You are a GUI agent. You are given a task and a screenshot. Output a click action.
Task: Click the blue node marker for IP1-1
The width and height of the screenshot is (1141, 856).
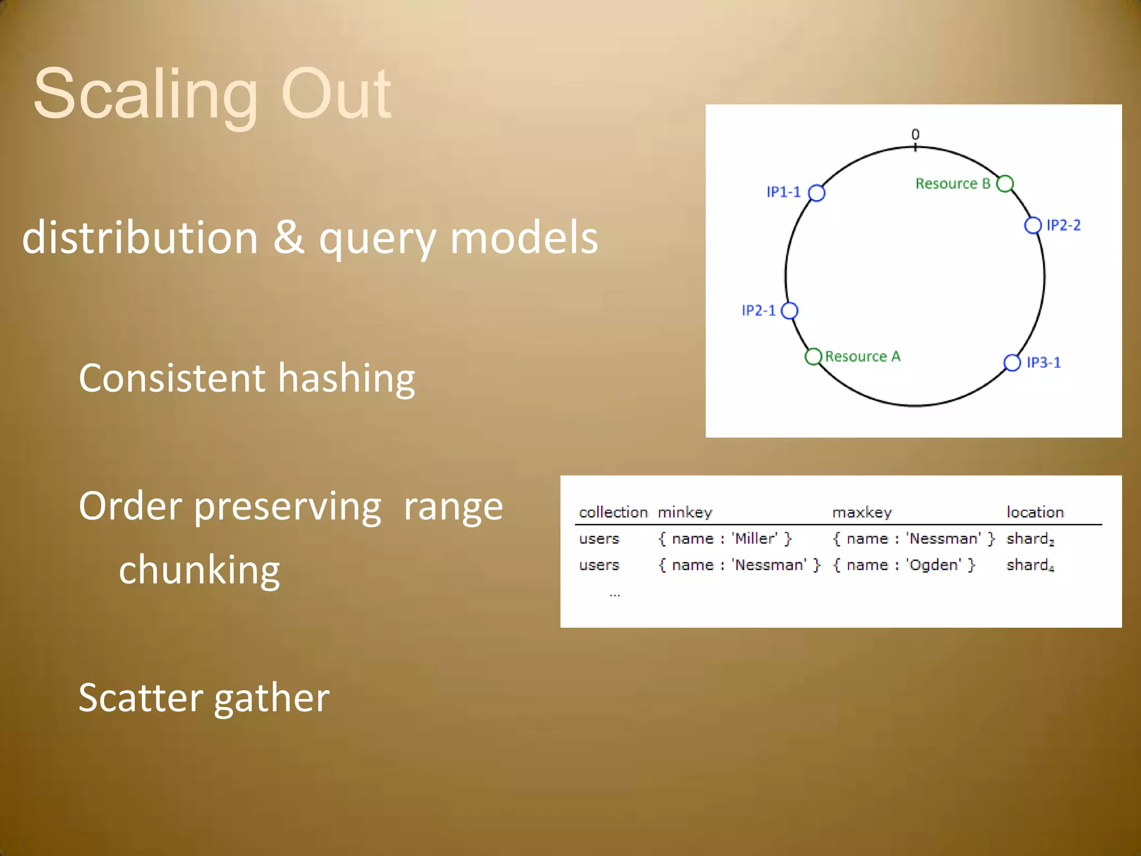tap(816, 193)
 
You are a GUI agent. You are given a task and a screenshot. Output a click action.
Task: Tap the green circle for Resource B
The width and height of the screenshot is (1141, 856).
tap(1005, 183)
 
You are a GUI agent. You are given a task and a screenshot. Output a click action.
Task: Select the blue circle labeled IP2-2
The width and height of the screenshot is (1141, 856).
tap(1032, 225)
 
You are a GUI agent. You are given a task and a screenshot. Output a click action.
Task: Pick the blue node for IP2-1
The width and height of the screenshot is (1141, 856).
tap(789, 310)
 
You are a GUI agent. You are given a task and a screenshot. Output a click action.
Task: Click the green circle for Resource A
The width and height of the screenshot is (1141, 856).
tap(813, 356)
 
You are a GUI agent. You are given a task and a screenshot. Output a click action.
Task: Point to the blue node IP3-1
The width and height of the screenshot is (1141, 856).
tap(1012, 362)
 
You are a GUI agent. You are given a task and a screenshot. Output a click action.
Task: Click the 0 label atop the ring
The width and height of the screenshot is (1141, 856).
tap(915, 134)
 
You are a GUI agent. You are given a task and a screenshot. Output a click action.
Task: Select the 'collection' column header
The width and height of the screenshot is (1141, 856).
tap(613, 512)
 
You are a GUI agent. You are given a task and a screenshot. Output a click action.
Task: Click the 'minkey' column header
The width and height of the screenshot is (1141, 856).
tap(685, 512)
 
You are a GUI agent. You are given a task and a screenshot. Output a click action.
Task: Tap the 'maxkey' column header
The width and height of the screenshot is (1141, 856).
tap(862, 512)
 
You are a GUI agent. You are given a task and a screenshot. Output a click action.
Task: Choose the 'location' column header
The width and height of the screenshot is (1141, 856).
tap(1035, 512)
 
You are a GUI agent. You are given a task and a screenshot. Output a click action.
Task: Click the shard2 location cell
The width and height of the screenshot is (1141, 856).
tap(1030, 539)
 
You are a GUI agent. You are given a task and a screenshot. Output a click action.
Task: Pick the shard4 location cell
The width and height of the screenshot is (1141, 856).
tap(1030, 565)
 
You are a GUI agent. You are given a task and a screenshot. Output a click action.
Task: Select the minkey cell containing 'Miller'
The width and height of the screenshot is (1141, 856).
tap(724, 539)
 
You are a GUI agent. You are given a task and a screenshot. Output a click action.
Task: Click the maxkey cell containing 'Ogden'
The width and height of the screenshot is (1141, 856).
tap(904, 565)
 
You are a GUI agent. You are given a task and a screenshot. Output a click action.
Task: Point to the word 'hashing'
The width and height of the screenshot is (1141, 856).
tap(346, 379)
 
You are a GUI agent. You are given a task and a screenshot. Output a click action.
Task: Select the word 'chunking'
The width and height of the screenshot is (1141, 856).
tap(199, 571)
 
